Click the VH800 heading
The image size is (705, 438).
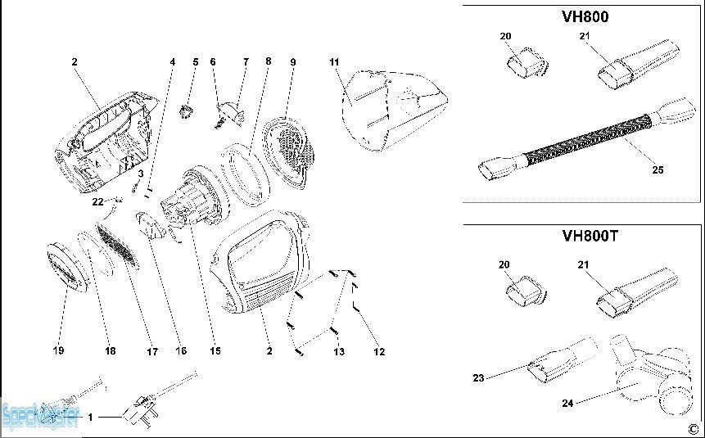click(x=585, y=16)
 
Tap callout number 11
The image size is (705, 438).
click(x=334, y=62)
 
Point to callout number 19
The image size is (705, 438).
click(x=58, y=351)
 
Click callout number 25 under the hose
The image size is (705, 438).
click(x=658, y=170)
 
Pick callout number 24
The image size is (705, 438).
click(x=568, y=403)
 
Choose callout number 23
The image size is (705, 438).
click(x=478, y=377)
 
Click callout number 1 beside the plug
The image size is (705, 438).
click(x=91, y=418)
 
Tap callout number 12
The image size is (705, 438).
click(x=378, y=352)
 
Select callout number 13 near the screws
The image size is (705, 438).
click(x=338, y=352)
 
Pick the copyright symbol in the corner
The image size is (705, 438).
click(x=692, y=427)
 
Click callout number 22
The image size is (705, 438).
click(x=97, y=201)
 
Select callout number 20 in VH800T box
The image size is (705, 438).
click(x=505, y=264)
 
